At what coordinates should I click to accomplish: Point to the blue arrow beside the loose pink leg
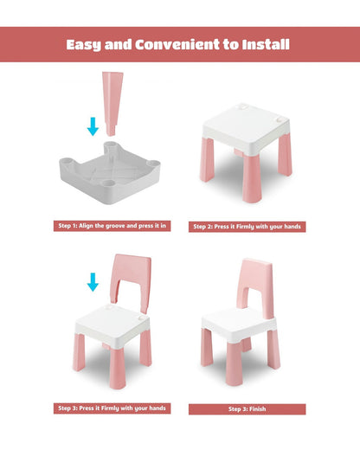coord(93,126)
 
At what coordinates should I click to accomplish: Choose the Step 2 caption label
coord(247,227)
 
